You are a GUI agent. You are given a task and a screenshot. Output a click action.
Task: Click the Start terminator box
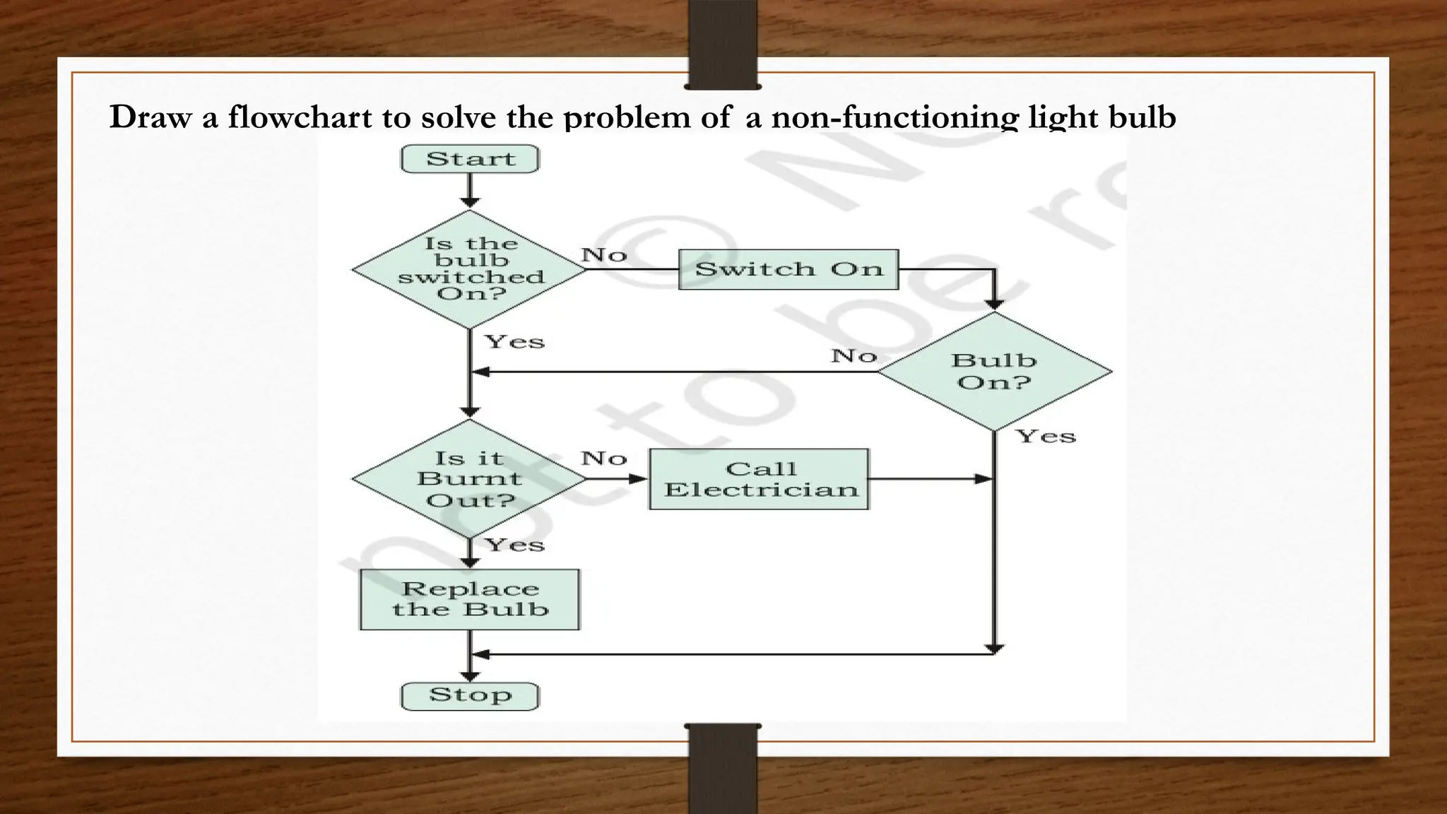pyautogui.click(x=470, y=159)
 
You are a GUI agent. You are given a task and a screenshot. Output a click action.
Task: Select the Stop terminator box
pyautogui.click(x=470, y=695)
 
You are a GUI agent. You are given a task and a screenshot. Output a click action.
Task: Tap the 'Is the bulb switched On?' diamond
pyautogui.click(x=470, y=269)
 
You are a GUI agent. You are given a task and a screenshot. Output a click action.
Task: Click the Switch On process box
pyautogui.click(x=789, y=269)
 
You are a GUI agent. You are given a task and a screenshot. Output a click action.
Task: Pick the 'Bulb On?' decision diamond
pyautogui.click(x=994, y=372)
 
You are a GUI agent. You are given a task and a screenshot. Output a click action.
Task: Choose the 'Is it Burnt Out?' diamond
pyautogui.click(x=470, y=479)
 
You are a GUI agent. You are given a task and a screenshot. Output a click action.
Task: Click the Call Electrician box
pyautogui.click(x=759, y=479)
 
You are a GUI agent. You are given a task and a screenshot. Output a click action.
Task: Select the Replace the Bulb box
pyautogui.click(x=470, y=599)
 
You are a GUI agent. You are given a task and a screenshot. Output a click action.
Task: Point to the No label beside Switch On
pyautogui.click(x=604, y=254)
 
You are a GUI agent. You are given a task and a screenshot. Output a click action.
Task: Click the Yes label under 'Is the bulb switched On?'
pyautogui.click(x=514, y=342)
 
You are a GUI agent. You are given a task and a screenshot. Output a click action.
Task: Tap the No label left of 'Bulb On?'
pyautogui.click(x=854, y=355)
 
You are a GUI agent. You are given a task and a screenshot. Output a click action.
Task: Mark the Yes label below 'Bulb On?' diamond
pyautogui.click(x=1046, y=436)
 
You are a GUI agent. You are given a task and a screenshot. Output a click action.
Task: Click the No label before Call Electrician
pyautogui.click(x=604, y=459)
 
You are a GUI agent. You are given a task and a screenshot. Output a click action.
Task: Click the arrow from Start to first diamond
pyautogui.click(x=470, y=191)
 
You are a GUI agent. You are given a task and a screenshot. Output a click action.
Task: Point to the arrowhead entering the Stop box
pyautogui.click(x=470, y=676)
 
